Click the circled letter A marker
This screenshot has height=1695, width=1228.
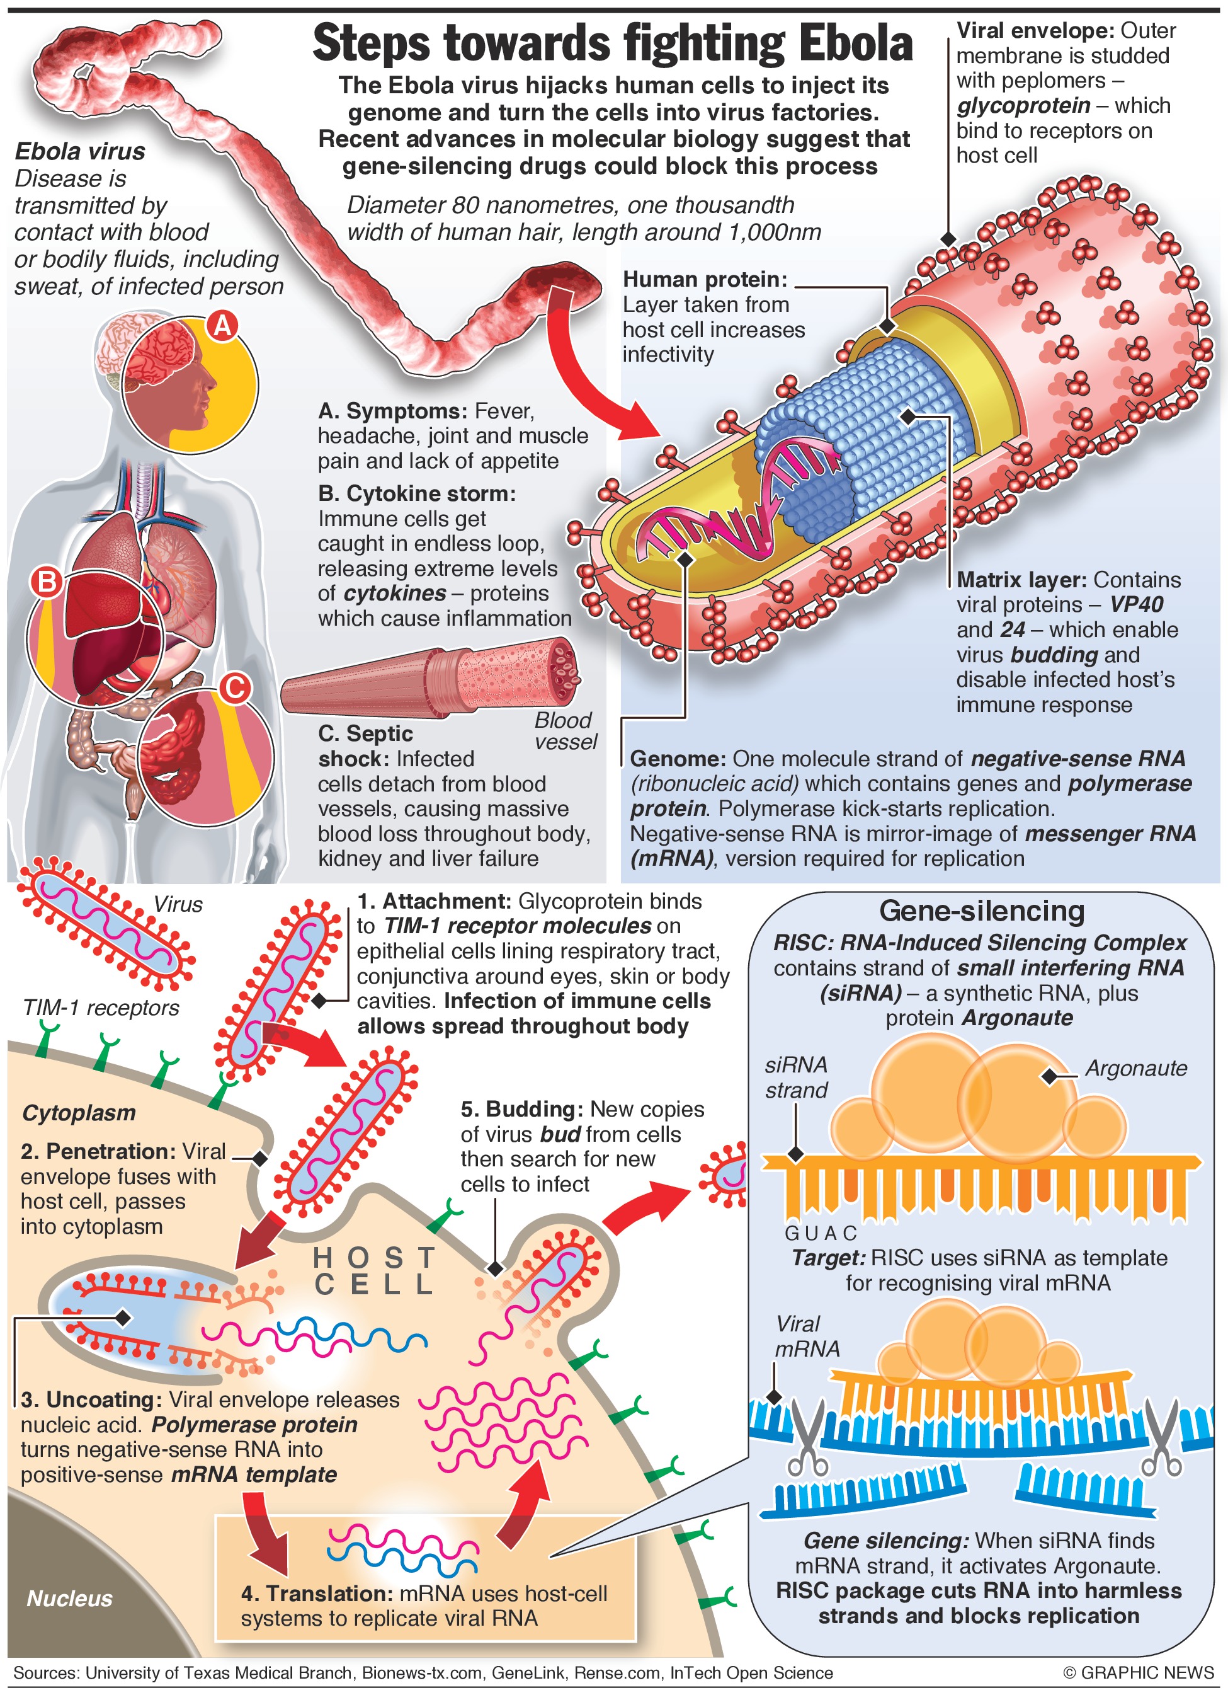tap(222, 326)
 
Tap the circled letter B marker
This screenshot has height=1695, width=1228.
tap(47, 581)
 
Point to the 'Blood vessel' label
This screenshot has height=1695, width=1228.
tap(565, 731)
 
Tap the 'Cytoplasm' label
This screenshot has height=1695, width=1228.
tap(79, 1113)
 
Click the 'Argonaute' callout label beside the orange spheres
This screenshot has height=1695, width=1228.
tap(1135, 1068)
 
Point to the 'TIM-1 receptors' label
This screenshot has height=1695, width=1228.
tap(101, 1008)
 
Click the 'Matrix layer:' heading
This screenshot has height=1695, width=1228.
tap(1021, 580)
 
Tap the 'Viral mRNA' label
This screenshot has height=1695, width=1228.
tap(807, 1336)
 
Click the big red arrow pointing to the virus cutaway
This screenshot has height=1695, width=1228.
tap(590, 374)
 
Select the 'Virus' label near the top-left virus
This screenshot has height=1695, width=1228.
tap(178, 904)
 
